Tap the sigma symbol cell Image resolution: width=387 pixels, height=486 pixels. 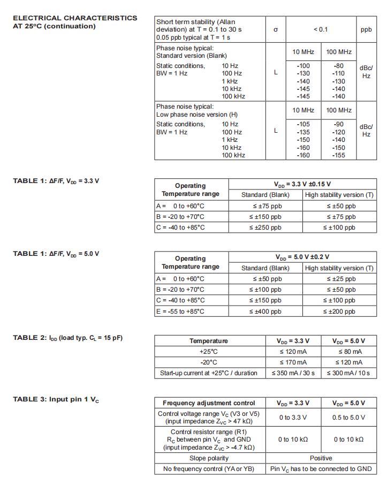point(276,30)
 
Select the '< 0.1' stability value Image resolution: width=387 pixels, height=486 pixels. point(320,30)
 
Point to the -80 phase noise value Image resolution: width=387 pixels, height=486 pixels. point(339,66)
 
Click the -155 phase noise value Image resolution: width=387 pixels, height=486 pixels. point(339,155)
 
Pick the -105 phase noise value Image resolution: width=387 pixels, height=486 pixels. point(303,124)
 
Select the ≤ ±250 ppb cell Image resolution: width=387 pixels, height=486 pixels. point(265,227)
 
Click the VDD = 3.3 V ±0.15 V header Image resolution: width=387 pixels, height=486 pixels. point(302,184)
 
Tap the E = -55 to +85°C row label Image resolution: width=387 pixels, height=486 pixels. point(180,311)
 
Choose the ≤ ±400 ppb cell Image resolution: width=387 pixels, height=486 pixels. point(265,311)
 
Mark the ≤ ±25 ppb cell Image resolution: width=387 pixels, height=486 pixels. point(339,279)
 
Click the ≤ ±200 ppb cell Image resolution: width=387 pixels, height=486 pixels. point(339,311)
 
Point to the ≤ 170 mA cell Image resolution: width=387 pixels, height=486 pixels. point(293,362)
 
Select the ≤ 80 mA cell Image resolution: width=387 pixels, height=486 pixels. point(349,352)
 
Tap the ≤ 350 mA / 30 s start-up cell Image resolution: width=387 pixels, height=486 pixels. point(293,373)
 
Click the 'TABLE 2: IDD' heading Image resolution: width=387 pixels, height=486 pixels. point(68,338)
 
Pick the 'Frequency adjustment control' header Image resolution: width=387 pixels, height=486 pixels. point(209,403)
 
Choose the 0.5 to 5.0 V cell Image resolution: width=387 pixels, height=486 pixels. point(349,417)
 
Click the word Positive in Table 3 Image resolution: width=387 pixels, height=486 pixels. point(321,458)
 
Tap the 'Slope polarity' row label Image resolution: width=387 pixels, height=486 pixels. point(209,458)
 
